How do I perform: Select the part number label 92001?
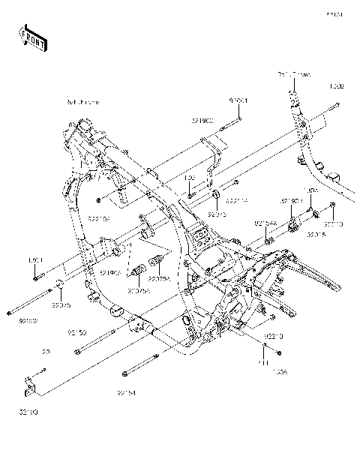click(238, 99)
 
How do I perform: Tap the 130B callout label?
click(337, 87)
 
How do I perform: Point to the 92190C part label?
click(201, 120)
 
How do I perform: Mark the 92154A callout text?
click(265, 223)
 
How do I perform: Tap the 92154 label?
click(126, 391)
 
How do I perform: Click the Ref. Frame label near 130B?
click(293, 76)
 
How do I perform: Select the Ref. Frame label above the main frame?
click(82, 101)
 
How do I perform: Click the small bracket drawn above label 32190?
click(30, 384)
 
